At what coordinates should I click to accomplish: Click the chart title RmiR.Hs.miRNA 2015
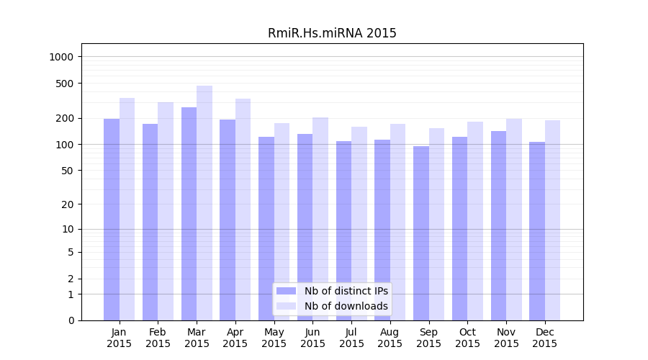click(x=332, y=33)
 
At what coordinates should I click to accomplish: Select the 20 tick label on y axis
click(x=68, y=204)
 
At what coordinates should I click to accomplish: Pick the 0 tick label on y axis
click(x=71, y=320)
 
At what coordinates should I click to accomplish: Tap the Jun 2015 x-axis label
click(x=312, y=338)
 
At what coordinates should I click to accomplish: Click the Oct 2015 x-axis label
click(x=467, y=338)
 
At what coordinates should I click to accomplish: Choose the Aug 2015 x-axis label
click(x=390, y=338)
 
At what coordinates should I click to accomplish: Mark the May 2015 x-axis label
click(x=274, y=338)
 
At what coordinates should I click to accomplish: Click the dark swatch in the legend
click(x=287, y=291)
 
